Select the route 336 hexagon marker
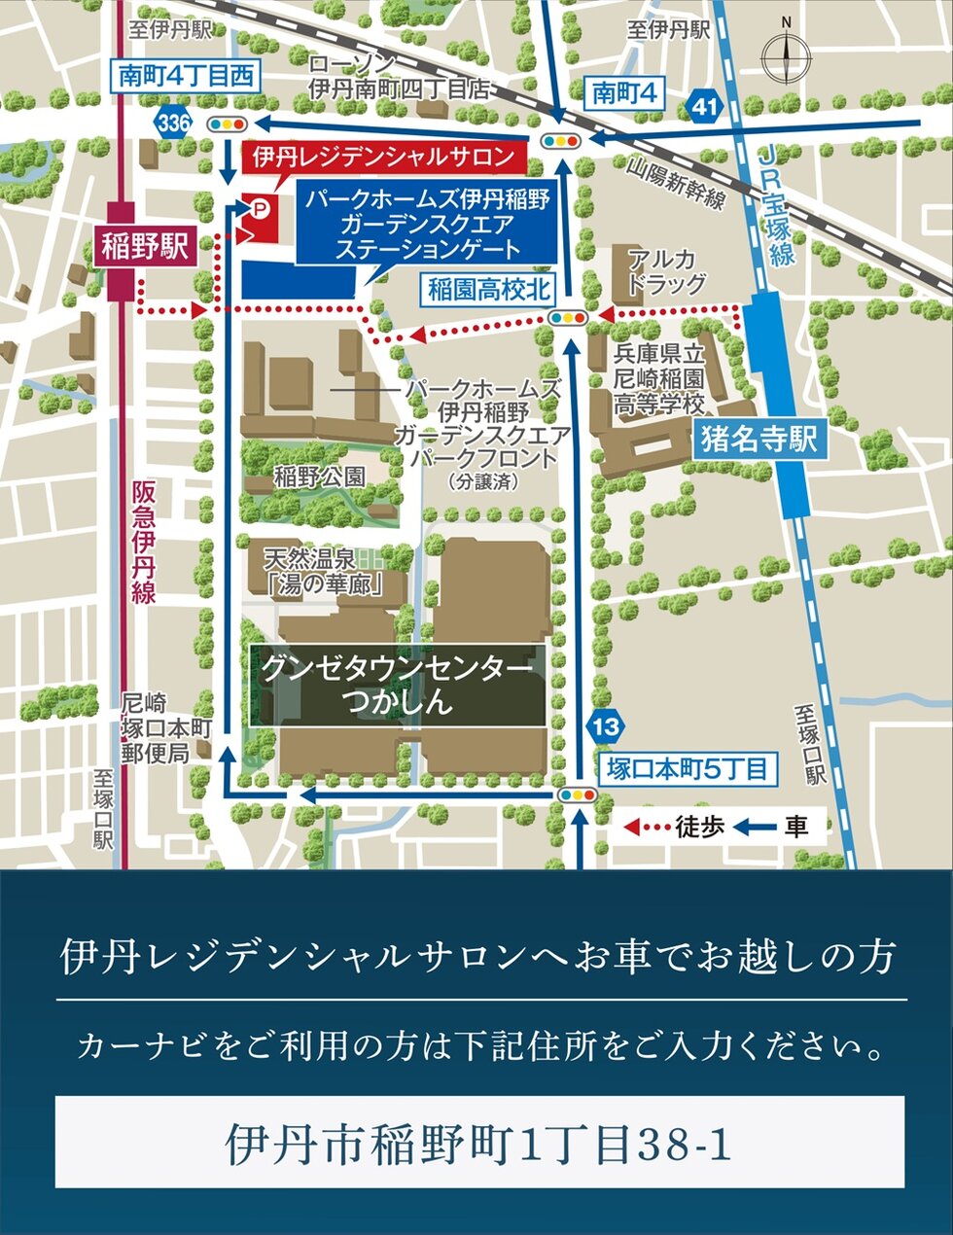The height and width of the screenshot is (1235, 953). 173,123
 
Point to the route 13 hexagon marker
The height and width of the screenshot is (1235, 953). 604,725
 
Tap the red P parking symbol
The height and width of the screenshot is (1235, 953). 260,206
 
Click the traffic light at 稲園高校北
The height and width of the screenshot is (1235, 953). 568,317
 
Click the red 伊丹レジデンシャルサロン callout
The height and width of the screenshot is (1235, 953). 382,157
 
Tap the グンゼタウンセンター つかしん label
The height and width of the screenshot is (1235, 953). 398,685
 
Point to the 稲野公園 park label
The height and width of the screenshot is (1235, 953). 320,476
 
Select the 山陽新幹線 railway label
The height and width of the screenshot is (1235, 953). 676,184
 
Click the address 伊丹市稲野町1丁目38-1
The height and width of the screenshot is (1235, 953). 478,1144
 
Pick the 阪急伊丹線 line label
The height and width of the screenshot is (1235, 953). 144,543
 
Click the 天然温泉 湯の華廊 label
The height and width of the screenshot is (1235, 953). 322,571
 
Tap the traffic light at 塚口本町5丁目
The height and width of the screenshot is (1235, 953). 576,795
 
